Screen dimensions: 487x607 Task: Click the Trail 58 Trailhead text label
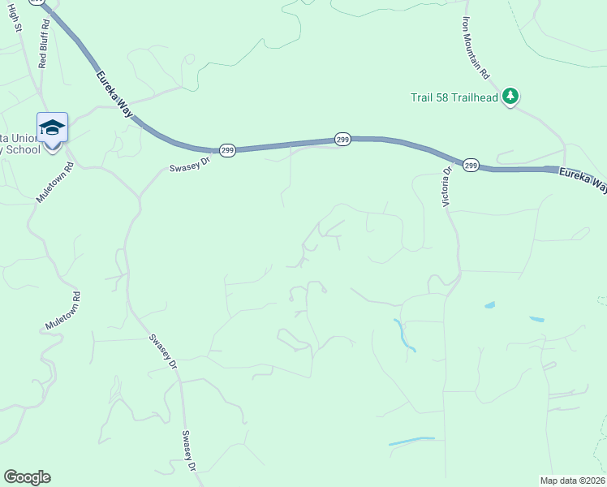tap(453, 97)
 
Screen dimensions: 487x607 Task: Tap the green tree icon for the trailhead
tap(510, 97)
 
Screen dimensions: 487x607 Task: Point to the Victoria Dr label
tap(446, 187)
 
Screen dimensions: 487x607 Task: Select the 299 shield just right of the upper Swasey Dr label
tap(228, 151)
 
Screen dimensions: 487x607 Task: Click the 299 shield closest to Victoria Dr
tap(471, 165)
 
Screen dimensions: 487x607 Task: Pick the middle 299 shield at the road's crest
tap(342, 140)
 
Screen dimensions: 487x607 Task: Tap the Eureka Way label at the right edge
tap(582, 179)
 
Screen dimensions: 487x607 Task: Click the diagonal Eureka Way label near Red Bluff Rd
tap(113, 95)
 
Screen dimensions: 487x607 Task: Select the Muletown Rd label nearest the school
tap(55, 182)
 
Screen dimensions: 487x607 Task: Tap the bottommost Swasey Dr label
tap(189, 451)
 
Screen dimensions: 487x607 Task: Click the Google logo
tap(27, 477)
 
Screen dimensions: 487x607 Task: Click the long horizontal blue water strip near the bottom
tap(411, 441)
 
